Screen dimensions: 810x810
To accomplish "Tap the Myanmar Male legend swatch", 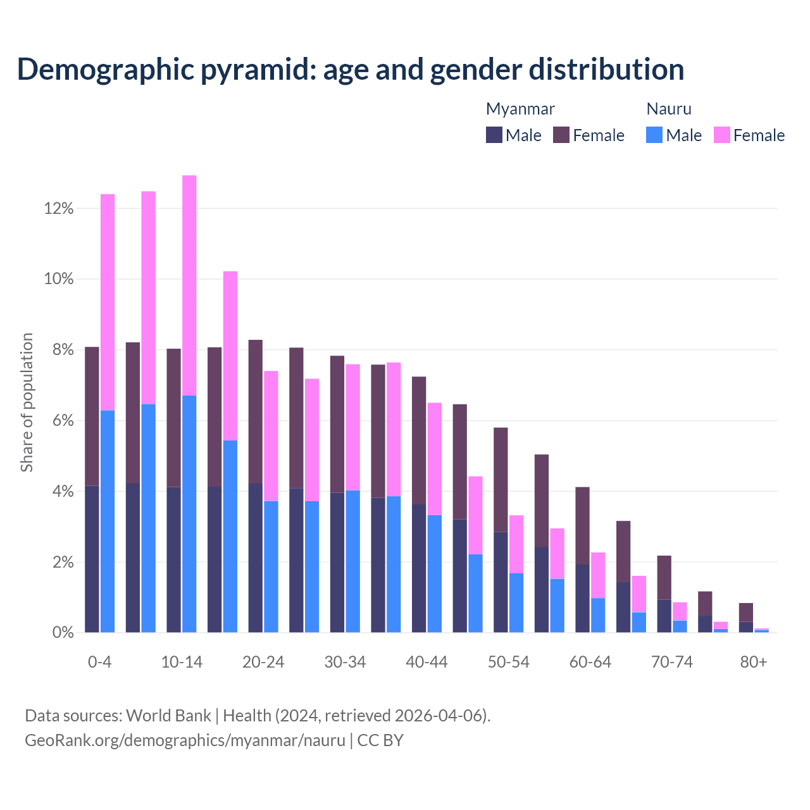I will click(494, 135).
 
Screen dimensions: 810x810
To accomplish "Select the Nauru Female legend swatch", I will click(722, 135).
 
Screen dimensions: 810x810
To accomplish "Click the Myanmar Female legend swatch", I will click(561, 135).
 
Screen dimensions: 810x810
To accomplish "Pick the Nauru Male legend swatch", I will click(654, 135).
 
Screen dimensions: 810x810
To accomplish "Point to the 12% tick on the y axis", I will click(59, 208).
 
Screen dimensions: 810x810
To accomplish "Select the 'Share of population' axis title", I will click(27, 402).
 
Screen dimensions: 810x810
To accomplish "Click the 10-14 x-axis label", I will click(182, 663).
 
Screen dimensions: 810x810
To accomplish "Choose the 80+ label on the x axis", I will click(754, 663).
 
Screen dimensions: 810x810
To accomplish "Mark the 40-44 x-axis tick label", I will click(427, 663).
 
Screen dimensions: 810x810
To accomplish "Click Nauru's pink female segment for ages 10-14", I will click(189, 285).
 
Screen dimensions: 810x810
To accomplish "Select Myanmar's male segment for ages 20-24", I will click(256, 558).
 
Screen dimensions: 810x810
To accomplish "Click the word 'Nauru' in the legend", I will click(669, 109).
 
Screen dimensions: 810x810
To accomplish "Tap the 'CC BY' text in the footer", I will click(380, 740).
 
